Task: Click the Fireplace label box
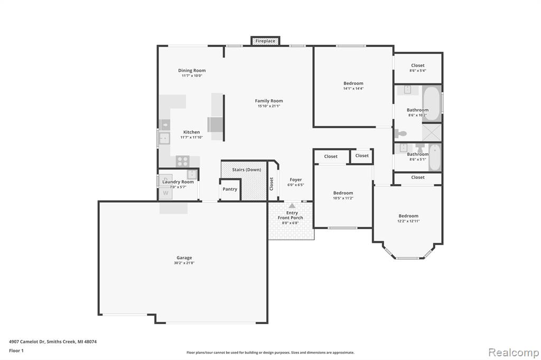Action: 265,41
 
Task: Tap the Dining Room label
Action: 192,70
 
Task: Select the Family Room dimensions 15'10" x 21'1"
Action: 269,106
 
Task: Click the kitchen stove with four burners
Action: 182,161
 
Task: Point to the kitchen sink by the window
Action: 164,138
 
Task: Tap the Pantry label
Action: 230,189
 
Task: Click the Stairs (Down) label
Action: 246,169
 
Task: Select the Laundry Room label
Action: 178,182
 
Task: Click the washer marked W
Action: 165,193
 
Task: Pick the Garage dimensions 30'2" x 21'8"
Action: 184,263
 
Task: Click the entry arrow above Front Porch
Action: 292,206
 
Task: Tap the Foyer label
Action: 296,179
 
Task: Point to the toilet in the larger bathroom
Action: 401,133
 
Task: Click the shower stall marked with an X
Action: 432,132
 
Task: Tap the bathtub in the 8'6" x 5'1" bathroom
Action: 435,157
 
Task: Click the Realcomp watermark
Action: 514,353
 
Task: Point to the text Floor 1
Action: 16,350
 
